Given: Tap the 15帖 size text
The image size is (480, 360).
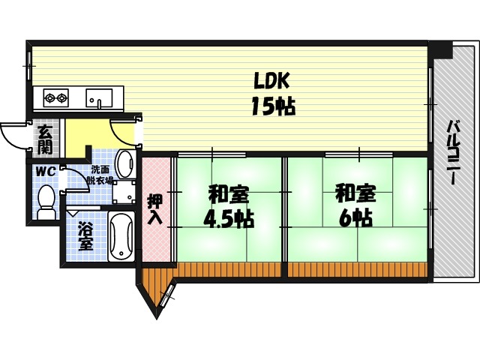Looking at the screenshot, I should (x=272, y=106).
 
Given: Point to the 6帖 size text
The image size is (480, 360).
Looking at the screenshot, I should (x=355, y=219).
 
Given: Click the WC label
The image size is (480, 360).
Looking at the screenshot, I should (x=46, y=171).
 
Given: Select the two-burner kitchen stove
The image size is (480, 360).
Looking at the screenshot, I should (x=55, y=97).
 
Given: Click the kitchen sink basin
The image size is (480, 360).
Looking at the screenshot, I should (x=98, y=98).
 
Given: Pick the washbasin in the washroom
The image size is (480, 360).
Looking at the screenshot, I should (x=125, y=163).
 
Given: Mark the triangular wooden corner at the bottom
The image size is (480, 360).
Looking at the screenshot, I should (x=155, y=289).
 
